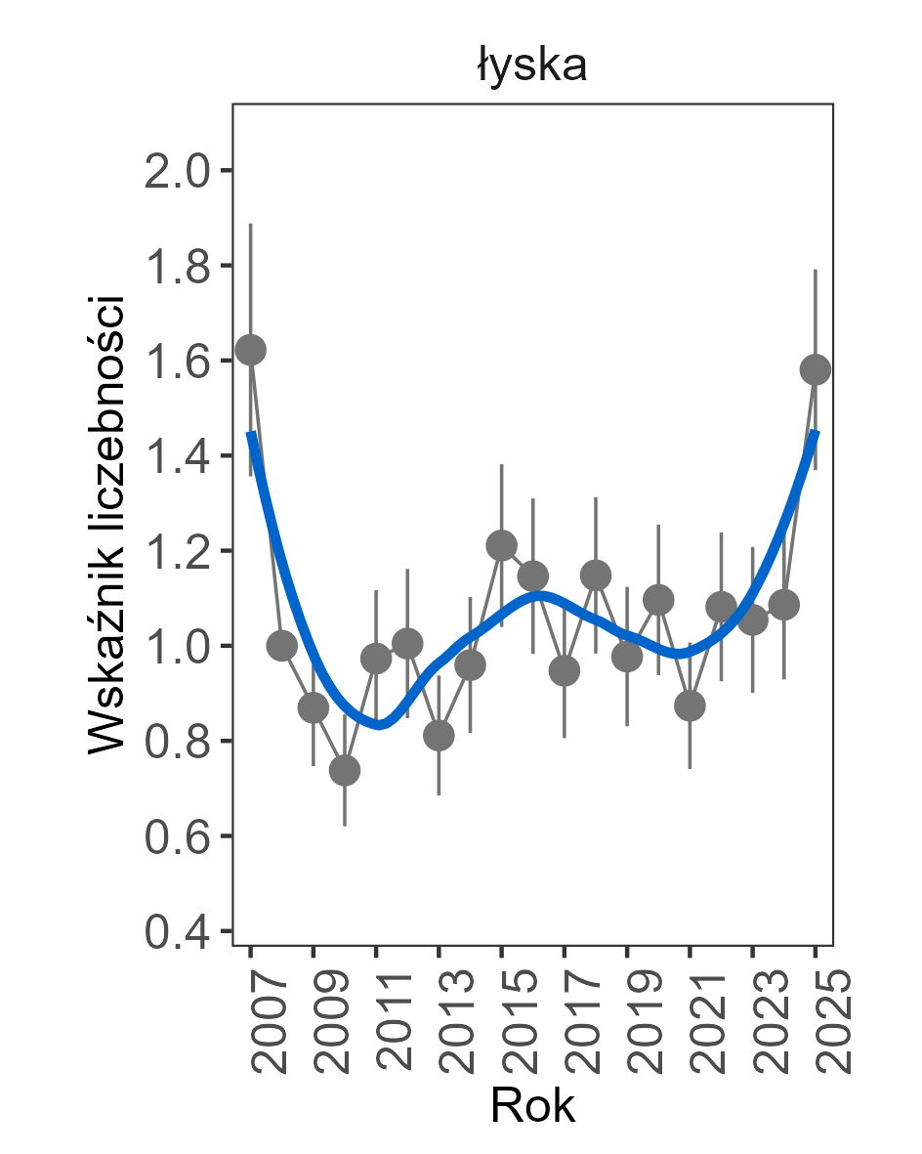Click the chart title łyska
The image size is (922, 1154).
532,66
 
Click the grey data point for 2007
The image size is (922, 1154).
251,350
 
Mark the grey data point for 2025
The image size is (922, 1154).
816,369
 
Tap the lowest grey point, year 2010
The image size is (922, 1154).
345,771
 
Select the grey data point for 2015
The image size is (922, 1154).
502,545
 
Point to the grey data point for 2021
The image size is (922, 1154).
690,705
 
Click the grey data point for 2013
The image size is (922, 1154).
439,735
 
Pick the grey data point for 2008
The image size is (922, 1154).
281,645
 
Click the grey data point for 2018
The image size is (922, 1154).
596,575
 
